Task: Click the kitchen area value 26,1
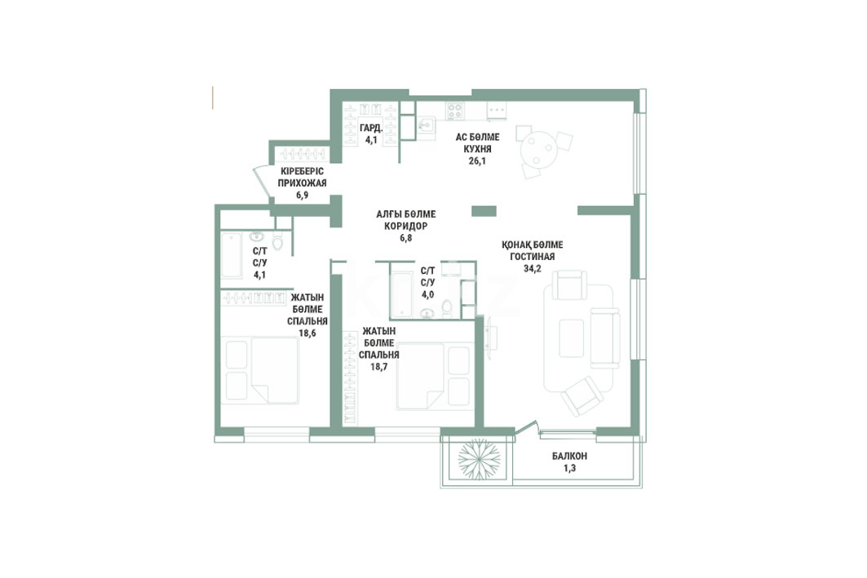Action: [477, 161]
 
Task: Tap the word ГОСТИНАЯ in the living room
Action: [532, 257]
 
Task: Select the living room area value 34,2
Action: [532, 268]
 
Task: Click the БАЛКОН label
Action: [569, 457]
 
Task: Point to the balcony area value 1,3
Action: [569, 468]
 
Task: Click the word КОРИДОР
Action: [406, 226]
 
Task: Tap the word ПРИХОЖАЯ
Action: [302, 183]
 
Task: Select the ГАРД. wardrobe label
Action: [371, 128]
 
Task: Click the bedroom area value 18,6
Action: [307, 333]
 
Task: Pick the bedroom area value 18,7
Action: [378, 366]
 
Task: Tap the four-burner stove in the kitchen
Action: [455, 111]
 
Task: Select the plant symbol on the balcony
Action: [479, 459]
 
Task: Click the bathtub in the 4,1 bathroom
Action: [231, 256]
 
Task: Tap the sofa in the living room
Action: [604, 338]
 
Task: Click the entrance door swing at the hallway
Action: [261, 183]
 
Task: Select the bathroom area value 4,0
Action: [427, 294]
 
